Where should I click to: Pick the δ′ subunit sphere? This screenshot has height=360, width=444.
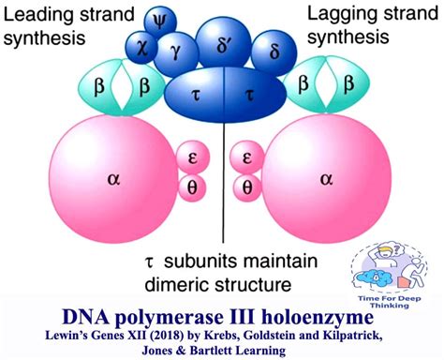pyautogui.click(x=221, y=41)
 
